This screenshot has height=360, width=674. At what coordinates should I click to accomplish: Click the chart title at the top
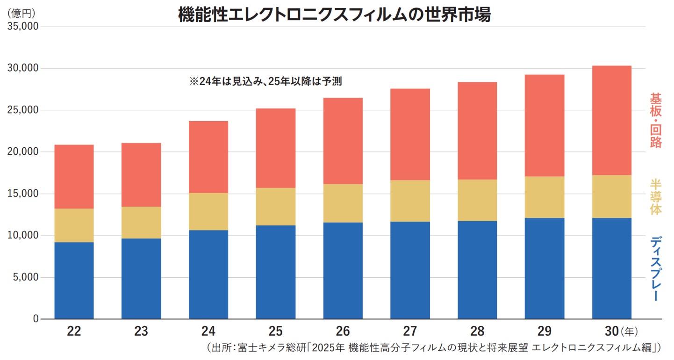334,15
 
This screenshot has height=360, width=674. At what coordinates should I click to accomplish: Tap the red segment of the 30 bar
611,120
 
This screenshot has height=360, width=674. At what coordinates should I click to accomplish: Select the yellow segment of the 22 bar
74,225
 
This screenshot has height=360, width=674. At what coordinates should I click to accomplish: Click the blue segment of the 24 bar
208,274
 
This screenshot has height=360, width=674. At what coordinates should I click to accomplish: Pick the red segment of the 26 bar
343,141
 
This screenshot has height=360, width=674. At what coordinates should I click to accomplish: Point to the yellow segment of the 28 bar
477,200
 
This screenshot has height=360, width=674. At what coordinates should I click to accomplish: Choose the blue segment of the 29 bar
544,268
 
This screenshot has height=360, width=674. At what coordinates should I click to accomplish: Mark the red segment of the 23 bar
141,175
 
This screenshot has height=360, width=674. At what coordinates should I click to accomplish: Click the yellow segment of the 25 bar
276,207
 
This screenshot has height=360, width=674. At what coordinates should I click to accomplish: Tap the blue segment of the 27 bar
410,270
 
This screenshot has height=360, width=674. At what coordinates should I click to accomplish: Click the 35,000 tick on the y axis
23,27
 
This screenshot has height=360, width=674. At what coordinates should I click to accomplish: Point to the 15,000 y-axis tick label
23,194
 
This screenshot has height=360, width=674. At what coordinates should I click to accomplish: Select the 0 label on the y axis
35,319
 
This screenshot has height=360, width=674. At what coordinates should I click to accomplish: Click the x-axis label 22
74,331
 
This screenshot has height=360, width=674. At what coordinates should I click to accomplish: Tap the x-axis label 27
410,331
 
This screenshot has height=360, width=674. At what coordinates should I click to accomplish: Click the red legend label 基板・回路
656,120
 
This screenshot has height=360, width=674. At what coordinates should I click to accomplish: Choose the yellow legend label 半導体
656,197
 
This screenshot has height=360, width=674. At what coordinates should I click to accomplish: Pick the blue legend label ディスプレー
656,268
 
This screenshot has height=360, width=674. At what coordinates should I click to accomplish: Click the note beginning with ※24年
265,81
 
